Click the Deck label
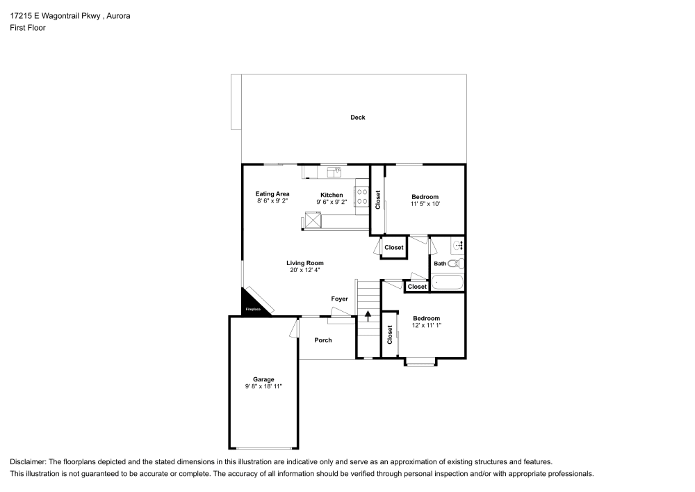(357, 118)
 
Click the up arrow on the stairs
(368, 317)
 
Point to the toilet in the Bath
(455, 263)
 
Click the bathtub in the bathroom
(446, 282)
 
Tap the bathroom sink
(459, 246)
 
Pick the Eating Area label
(272, 194)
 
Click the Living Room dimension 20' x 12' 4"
(305, 270)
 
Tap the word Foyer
(339, 299)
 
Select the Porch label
(323, 340)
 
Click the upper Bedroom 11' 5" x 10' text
(425, 204)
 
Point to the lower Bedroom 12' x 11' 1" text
(426, 325)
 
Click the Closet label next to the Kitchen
(378, 200)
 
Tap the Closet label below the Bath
(417, 287)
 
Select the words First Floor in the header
(27, 28)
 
